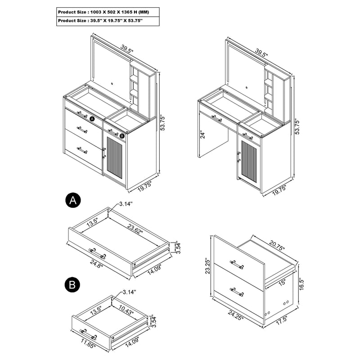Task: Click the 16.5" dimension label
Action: pyautogui.click(x=301, y=285)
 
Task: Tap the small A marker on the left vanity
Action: pyautogui.click(x=91, y=119)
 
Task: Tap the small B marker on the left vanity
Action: pyautogui.click(x=121, y=134)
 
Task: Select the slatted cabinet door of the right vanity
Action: pyautogui.click(x=248, y=162)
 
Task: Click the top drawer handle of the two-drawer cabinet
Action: pyautogui.click(x=237, y=264)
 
